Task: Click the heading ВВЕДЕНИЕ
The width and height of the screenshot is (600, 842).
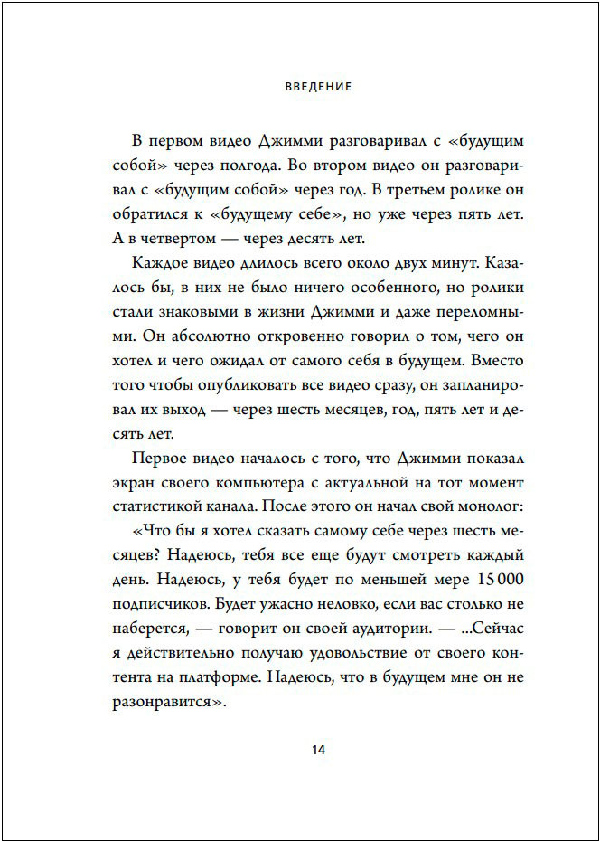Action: coord(317,88)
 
